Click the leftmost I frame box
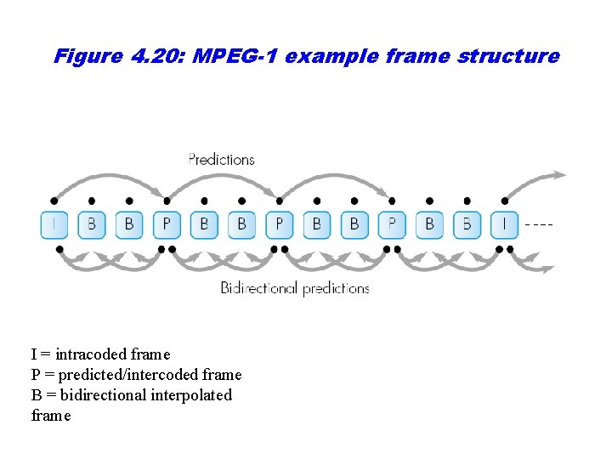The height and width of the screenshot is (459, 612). (x=54, y=224)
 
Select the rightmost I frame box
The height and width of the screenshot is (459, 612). (x=504, y=224)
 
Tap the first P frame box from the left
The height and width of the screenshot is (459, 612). (x=167, y=224)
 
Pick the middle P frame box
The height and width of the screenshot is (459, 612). (x=279, y=224)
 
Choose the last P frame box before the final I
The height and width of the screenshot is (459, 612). (x=392, y=224)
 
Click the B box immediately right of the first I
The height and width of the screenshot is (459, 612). (x=92, y=224)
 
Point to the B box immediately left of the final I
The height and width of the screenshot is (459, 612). (x=467, y=224)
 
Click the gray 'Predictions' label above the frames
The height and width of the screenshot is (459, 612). (x=221, y=160)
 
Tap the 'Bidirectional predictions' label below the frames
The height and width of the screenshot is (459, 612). (x=295, y=288)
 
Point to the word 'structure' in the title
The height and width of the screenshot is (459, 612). (x=508, y=57)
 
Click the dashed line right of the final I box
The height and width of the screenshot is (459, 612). (x=539, y=224)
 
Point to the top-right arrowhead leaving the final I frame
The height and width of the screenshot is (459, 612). (x=559, y=175)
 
